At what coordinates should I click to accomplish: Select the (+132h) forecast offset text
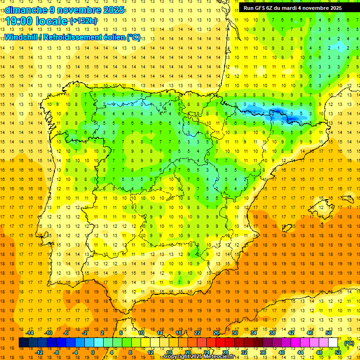83,21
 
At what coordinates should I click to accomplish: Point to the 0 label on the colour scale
92,352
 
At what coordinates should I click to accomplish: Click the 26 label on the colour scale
216,333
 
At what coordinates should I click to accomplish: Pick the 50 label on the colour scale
329,333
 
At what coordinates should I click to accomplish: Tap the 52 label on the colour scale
338,352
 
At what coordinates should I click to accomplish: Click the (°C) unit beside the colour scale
349,343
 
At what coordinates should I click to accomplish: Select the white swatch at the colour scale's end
333,343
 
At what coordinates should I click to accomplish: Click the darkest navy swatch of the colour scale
23,343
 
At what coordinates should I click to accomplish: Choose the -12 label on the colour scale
39,352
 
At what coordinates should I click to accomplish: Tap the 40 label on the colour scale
282,352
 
